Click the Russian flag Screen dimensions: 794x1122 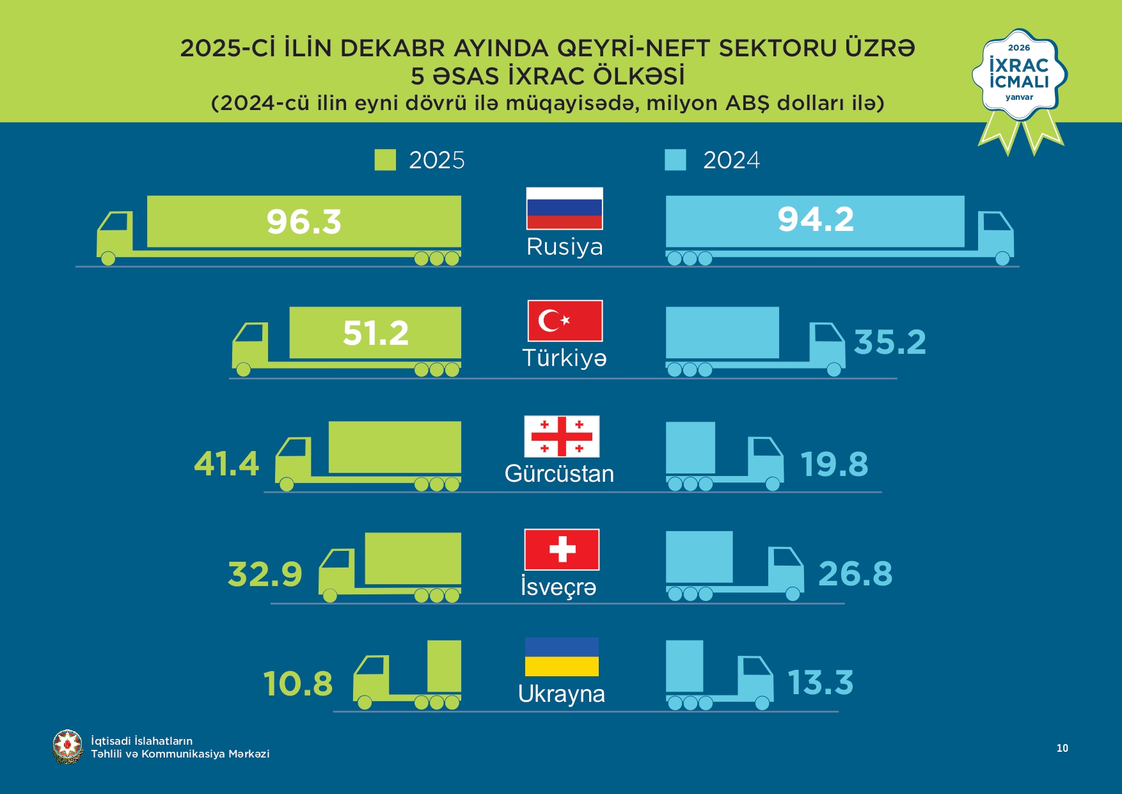(x=564, y=209)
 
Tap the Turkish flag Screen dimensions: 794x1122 (x=565, y=321)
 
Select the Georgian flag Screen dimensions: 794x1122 (x=562, y=436)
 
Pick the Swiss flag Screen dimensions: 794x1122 (x=562, y=550)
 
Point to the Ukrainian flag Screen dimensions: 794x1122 (x=562, y=656)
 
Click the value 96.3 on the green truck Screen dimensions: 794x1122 (x=304, y=222)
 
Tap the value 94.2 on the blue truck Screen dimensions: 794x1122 (x=816, y=219)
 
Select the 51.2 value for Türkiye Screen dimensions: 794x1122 (x=375, y=333)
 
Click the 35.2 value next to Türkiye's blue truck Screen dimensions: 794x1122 (x=890, y=342)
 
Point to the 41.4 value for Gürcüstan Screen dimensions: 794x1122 (x=226, y=464)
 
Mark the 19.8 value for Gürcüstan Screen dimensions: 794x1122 (x=834, y=464)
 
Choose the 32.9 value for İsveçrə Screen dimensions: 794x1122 (x=265, y=574)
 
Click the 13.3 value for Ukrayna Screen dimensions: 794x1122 (x=820, y=683)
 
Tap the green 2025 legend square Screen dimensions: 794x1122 (x=385, y=160)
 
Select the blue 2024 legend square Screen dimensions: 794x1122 (x=676, y=160)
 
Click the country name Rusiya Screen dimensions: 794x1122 (x=564, y=247)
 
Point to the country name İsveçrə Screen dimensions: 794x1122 (x=558, y=587)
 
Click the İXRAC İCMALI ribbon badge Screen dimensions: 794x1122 (x=1019, y=77)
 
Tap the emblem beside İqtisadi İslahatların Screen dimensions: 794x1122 (x=67, y=747)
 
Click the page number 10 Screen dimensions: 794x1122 (x=1062, y=748)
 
